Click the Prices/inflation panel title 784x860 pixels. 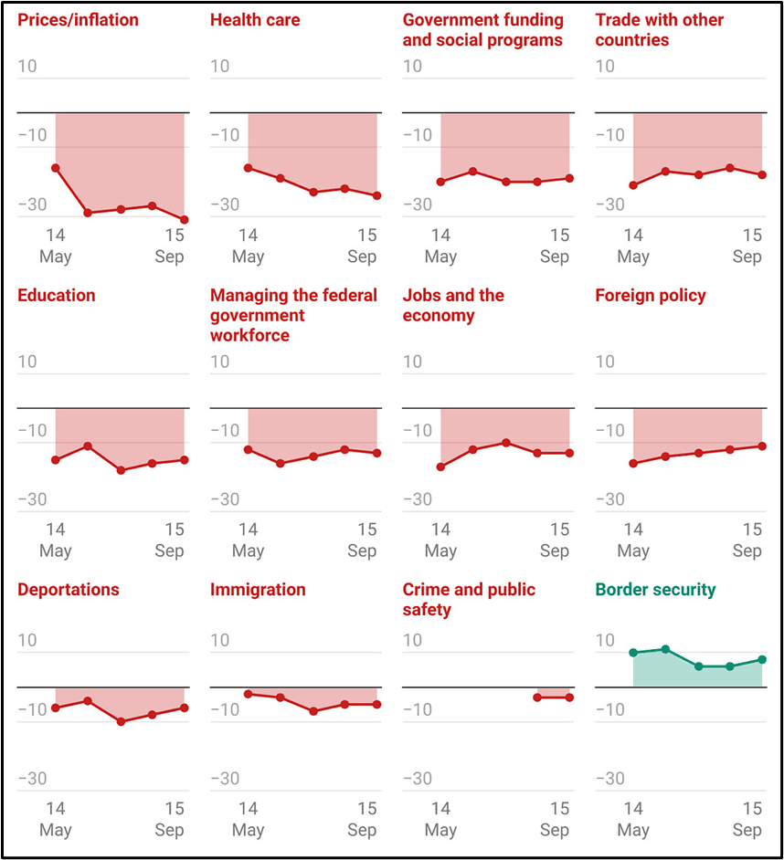79,20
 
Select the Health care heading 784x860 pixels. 254,20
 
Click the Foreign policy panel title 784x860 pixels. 651,296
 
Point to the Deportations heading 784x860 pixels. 69,590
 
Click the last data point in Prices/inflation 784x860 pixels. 185,220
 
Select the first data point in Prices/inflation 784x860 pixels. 56,168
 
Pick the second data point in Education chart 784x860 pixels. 88,446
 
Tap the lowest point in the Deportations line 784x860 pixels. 121,721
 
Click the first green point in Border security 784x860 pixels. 633,653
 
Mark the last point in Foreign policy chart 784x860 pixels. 762,446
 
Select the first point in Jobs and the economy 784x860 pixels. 440,467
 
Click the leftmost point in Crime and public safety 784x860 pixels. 537,697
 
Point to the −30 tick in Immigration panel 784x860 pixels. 226,779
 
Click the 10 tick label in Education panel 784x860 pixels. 28,362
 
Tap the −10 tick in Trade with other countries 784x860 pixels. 610,135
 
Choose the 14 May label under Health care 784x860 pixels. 248,246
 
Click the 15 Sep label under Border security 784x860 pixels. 747,819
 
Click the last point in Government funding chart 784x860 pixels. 569,178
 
